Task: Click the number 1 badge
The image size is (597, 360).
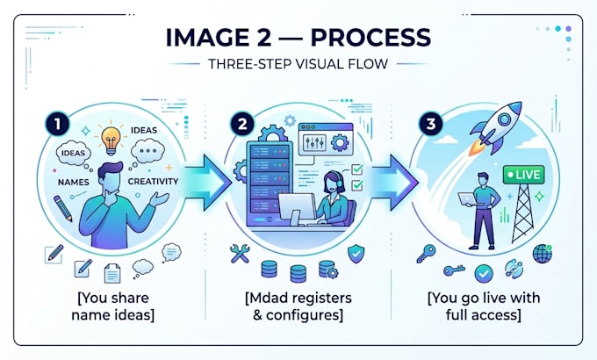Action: tap(57, 124)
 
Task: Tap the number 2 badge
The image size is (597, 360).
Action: tap(242, 124)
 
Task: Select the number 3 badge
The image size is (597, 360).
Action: tap(430, 124)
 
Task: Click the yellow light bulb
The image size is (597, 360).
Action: tap(111, 140)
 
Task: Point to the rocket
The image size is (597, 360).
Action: tap(495, 128)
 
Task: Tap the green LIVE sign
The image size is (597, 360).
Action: tap(523, 175)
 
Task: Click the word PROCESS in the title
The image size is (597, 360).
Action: tap(370, 38)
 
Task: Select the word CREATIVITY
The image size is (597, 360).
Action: tap(153, 182)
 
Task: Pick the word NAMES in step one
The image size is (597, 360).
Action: tap(74, 182)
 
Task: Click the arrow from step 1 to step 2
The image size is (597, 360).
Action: tap(207, 182)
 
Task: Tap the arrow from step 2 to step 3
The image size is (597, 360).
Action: tap(394, 182)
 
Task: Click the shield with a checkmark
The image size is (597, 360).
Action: tap(356, 253)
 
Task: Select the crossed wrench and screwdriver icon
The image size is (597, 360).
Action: tap(240, 254)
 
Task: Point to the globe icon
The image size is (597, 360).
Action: tap(543, 254)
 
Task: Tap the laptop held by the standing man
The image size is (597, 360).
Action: tap(467, 198)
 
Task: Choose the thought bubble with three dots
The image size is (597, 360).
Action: tap(147, 151)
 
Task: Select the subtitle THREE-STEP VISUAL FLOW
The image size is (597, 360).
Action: tap(298, 63)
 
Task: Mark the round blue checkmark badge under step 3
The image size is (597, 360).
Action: tap(484, 274)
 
